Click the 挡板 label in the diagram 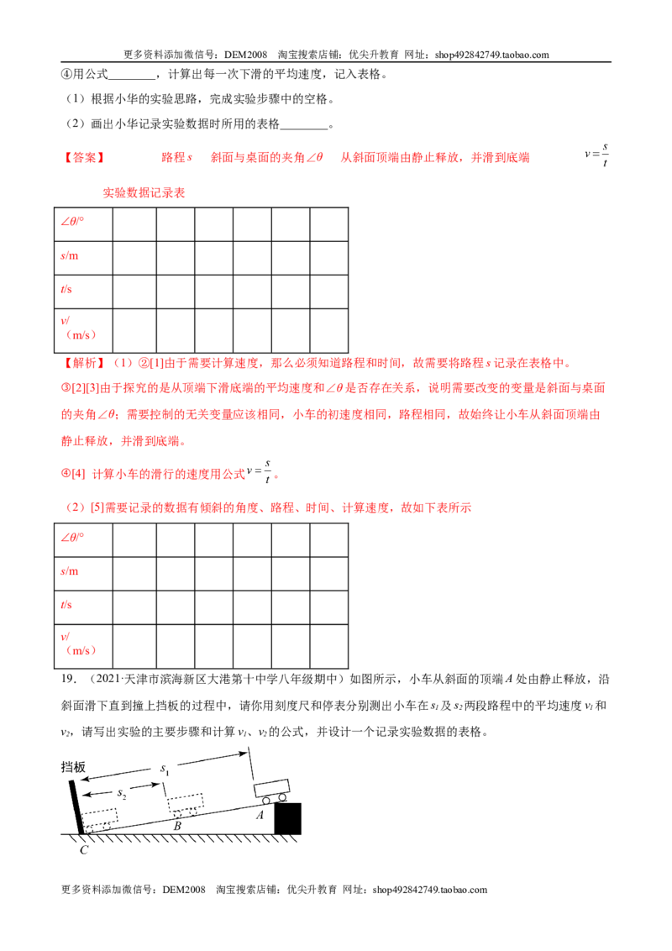coord(73,767)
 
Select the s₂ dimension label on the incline coord(121,794)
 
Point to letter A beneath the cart coord(260,815)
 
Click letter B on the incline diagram coord(177,826)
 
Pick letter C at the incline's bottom coord(84,850)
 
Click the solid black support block coord(287,818)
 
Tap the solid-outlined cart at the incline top coord(271,791)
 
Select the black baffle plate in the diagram coord(76,807)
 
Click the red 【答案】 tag coord(84,158)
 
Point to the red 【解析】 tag coord(84,363)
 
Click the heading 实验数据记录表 coord(144,193)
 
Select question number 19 coord(69,679)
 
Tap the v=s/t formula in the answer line coord(596,155)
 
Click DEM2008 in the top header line coord(245,55)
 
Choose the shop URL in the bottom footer coord(430,890)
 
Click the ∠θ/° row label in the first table coord(72,222)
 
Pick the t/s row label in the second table coord(66,605)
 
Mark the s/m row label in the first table coord(69,255)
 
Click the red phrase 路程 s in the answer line coord(176,158)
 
